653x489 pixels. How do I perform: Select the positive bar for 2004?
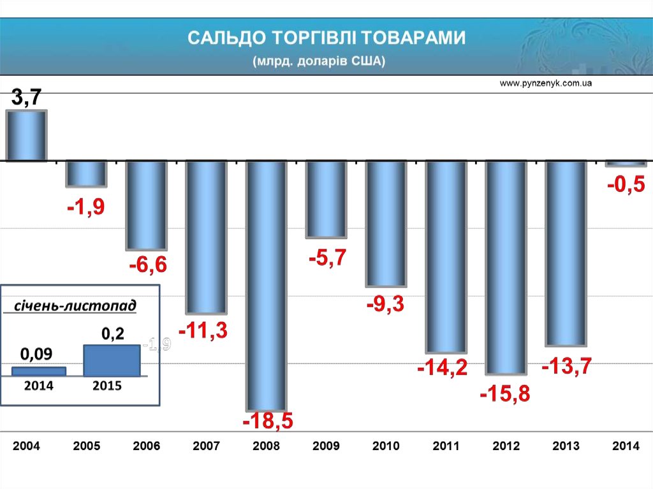(x=26, y=135)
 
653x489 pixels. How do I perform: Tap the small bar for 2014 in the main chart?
(x=624, y=164)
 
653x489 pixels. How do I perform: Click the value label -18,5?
(x=267, y=421)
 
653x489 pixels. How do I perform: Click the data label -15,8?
(x=504, y=393)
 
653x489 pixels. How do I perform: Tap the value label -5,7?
(x=327, y=258)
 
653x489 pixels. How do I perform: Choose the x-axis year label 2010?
(x=386, y=446)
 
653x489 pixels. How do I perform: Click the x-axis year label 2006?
(x=147, y=446)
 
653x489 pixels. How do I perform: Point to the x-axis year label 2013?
(x=566, y=446)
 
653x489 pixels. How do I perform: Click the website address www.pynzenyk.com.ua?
(x=547, y=84)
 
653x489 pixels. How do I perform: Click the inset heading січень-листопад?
(x=75, y=307)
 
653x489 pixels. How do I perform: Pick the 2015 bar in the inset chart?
(x=112, y=360)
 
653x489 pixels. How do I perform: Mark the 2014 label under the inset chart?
(x=39, y=386)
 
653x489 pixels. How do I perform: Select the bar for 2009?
(x=326, y=199)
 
